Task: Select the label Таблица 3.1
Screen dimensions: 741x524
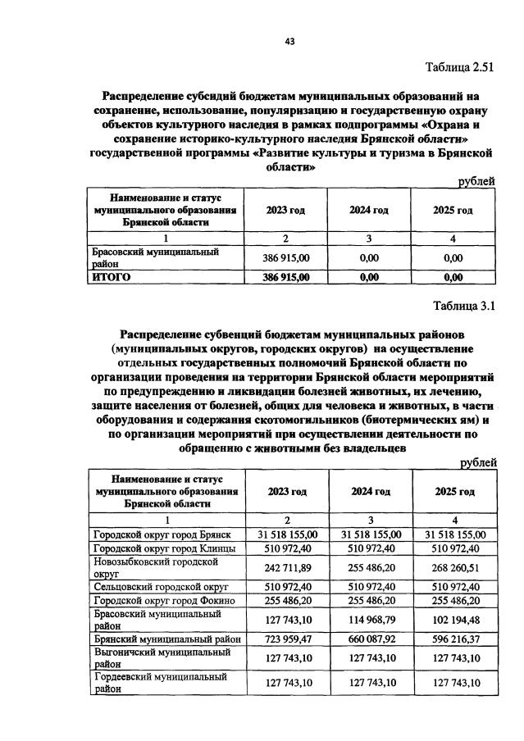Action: [465, 307]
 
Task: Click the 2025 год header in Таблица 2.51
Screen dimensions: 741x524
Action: [453, 211]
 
